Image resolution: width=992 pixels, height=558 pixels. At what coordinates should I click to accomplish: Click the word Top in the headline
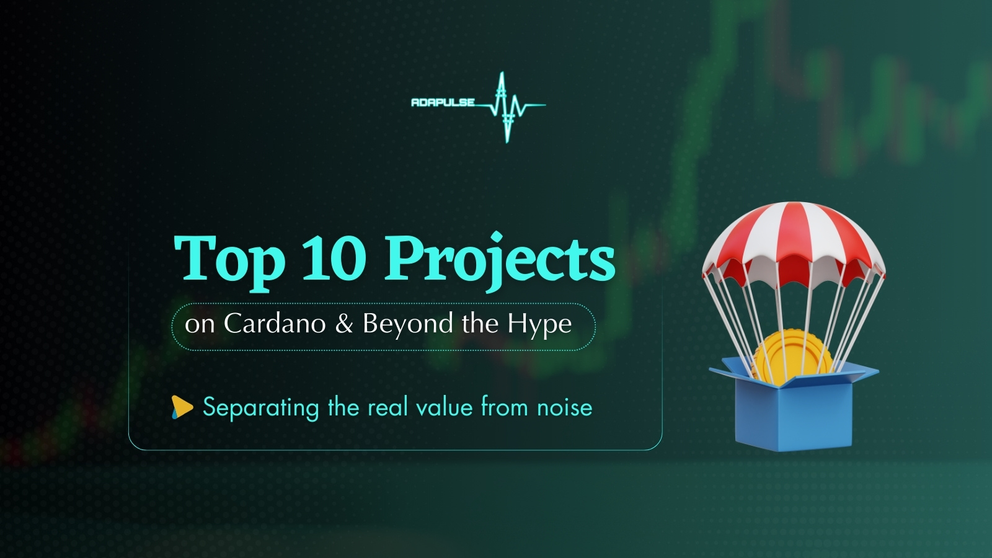point(229,259)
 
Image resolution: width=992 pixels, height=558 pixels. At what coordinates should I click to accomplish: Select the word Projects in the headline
point(500,259)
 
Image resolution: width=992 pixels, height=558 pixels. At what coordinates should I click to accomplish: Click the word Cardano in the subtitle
point(275,324)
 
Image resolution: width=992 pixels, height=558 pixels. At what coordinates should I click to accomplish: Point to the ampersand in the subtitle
point(344,324)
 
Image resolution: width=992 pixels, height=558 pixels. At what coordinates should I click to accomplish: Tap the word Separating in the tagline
point(261,408)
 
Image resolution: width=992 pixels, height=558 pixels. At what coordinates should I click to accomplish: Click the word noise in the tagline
point(564,407)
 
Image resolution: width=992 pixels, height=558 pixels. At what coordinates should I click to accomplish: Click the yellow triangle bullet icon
point(182,407)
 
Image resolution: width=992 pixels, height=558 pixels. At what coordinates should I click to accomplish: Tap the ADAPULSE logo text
point(443,102)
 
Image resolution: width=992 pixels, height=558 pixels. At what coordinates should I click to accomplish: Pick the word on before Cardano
point(200,324)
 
